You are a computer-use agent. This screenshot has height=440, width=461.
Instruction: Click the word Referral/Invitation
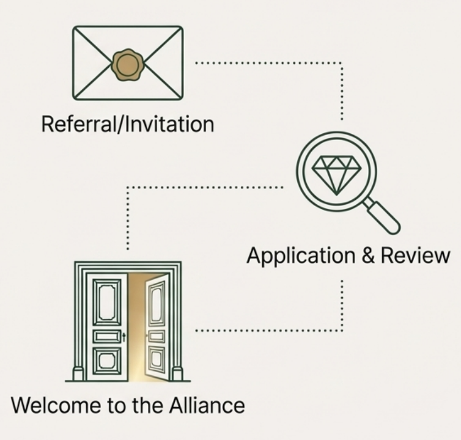127,124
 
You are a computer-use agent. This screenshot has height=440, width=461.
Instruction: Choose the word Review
415,255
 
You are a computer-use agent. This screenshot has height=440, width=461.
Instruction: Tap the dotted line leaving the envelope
269,62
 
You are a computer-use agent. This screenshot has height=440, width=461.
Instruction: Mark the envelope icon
128,62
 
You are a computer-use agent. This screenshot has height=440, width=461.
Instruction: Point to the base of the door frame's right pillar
177,373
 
